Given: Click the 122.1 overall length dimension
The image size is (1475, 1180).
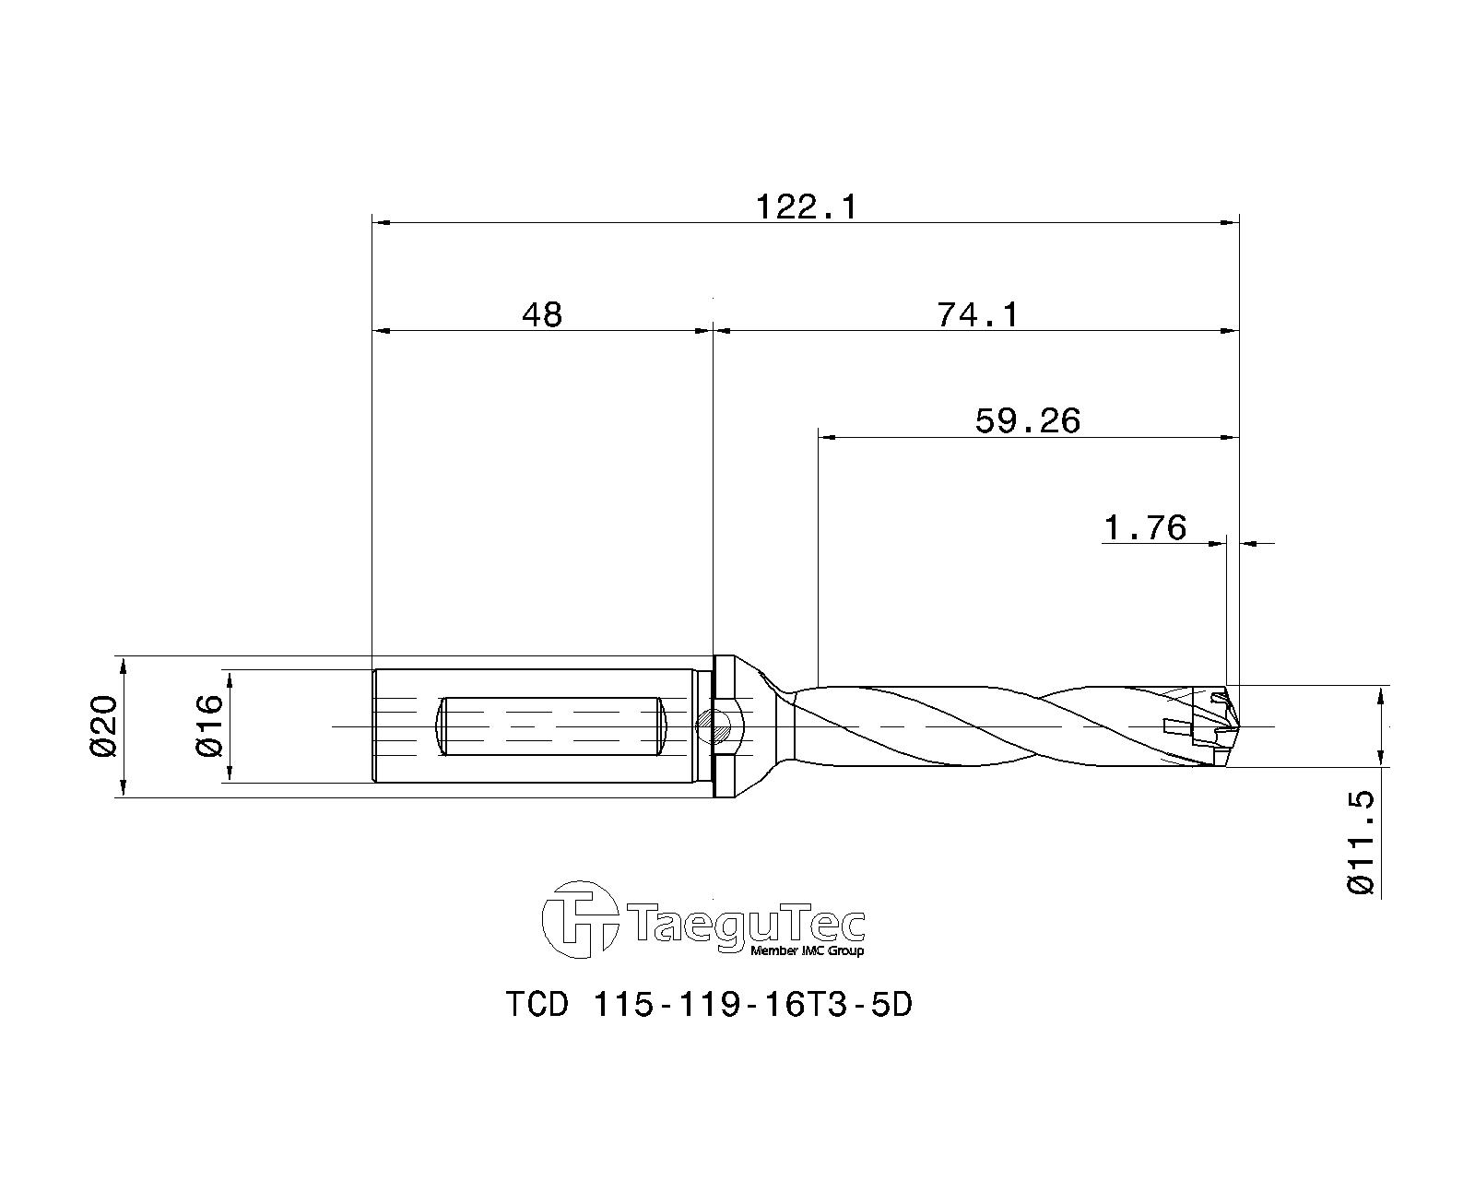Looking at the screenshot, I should click(x=806, y=206).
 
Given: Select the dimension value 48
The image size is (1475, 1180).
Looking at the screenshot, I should click(x=541, y=315).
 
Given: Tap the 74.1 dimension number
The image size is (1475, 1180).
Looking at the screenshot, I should click(x=978, y=315).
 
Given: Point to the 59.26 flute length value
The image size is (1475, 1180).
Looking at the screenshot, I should click(x=1027, y=421).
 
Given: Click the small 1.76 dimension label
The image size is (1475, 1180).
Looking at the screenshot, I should click(x=1144, y=528).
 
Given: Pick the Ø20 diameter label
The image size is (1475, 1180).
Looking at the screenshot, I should click(x=103, y=727).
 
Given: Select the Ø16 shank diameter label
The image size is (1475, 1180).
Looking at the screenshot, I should click(x=210, y=726).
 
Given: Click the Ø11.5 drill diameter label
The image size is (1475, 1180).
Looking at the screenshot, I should click(x=1361, y=843).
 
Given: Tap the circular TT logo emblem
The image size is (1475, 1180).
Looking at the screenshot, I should click(x=579, y=919).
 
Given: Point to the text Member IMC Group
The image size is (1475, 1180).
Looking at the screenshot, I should click(x=808, y=951).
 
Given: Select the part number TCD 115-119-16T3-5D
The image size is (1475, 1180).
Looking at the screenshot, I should click(x=708, y=1004).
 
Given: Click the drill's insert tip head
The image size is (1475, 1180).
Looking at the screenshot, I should click(x=1211, y=726).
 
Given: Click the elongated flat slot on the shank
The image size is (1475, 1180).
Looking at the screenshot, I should click(x=550, y=726).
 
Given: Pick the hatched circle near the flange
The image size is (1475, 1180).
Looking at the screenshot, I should click(x=710, y=726).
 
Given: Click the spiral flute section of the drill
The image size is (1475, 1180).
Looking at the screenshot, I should click(x=977, y=726).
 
